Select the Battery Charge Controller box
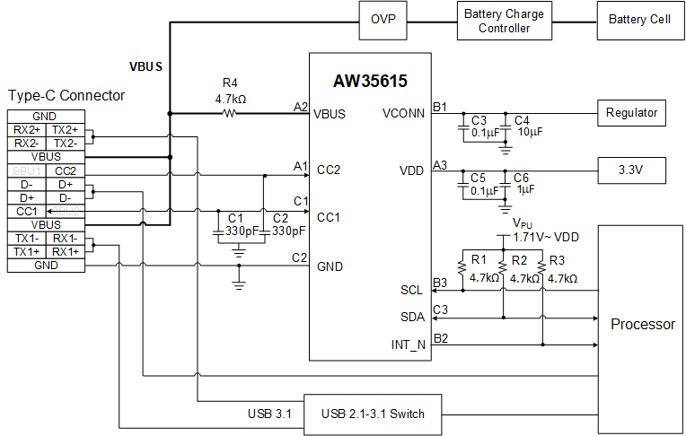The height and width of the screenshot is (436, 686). pyautogui.click(x=504, y=20)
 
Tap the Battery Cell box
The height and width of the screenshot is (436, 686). pyautogui.click(x=638, y=20)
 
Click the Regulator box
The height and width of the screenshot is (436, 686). pyautogui.click(x=631, y=113)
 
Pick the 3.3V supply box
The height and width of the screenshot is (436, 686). pyautogui.click(x=631, y=170)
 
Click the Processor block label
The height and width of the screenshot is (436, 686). pyautogui.click(x=642, y=324)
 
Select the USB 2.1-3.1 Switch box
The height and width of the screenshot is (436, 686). pyautogui.click(x=373, y=414)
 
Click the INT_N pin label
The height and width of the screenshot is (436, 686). pyautogui.click(x=409, y=344)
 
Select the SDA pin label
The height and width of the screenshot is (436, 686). pyautogui.click(x=413, y=317)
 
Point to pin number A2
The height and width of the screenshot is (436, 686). pyautogui.click(x=301, y=107)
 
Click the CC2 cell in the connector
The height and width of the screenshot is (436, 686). pyautogui.click(x=65, y=170)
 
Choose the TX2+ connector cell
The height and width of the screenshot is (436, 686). pyautogui.click(x=65, y=130)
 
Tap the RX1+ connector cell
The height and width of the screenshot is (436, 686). pyautogui.click(x=65, y=252)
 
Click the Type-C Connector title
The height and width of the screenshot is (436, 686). pyautogui.click(x=66, y=95)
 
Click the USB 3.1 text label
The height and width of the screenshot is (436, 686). pyautogui.click(x=270, y=414)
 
